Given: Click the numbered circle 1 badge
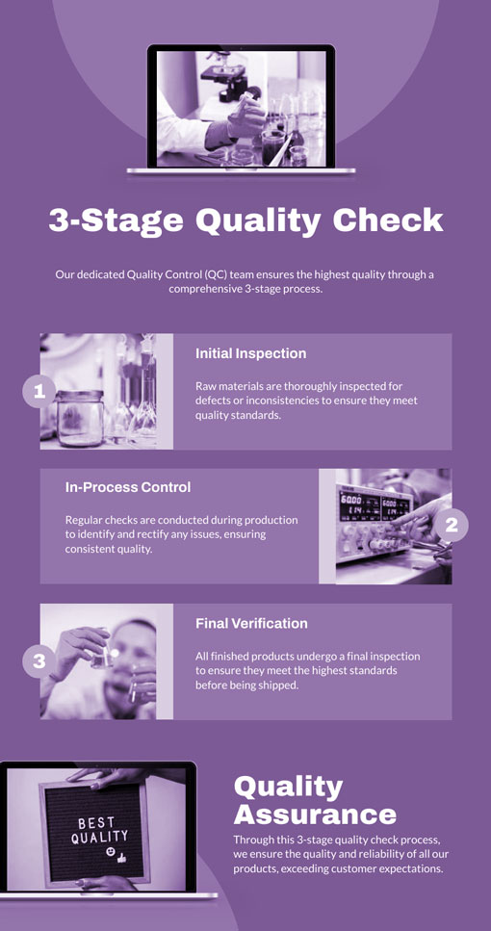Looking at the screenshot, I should click(39, 391).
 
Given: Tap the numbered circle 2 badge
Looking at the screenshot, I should click(452, 526).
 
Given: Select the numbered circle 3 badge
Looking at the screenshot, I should click(39, 661).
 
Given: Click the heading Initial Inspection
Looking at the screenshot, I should click(250, 353).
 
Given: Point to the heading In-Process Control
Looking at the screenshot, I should click(128, 487).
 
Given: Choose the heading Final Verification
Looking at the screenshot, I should click(251, 623).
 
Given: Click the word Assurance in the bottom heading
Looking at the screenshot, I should click(315, 815).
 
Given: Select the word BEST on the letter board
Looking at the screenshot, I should click(96, 822).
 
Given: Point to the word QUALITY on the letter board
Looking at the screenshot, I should click(99, 838).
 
